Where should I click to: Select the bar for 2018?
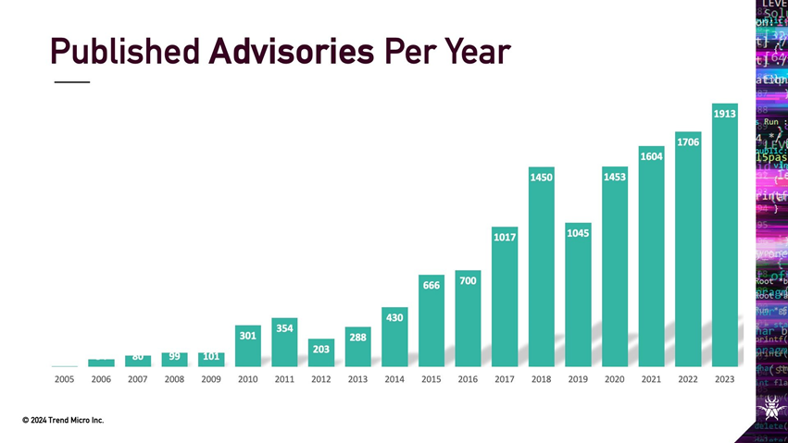click(542, 277)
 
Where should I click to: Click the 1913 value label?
click(724, 114)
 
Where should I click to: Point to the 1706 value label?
click(688, 142)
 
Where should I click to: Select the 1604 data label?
click(651, 156)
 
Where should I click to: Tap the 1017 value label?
click(505, 238)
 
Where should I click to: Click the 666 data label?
click(432, 286)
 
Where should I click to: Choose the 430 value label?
click(394, 317)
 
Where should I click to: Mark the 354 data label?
click(285, 328)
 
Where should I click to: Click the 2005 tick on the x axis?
click(65, 379)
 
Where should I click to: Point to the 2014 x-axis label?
click(394, 379)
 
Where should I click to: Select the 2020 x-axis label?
click(614, 379)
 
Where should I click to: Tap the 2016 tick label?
click(468, 379)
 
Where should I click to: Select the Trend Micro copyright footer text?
click(63, 421)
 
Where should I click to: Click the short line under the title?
click(71, 83)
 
